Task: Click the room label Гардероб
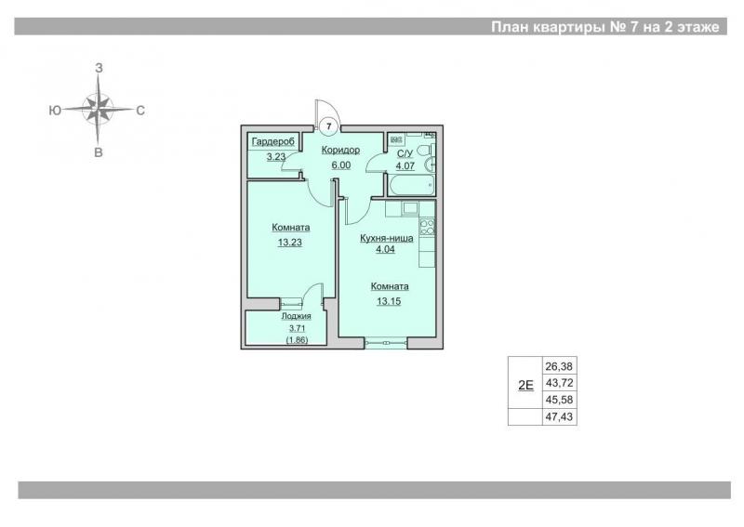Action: coord(272,142)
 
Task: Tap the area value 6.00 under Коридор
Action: coord(341,165)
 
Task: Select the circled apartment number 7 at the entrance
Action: coord(329,126)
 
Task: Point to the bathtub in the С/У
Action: coord(411,185)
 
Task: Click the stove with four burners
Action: coord(427,227)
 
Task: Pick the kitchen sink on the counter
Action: coord(409,208)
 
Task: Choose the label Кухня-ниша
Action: coord(386,238)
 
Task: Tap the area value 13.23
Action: coord(290,243)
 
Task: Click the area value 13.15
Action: coord(389,301)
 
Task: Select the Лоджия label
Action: coord(296,316)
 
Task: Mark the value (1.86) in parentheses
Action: coord(297,340)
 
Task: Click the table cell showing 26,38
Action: coord(559,366)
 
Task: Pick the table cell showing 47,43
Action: coord(559,417)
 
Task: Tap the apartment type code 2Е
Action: coord(525,385)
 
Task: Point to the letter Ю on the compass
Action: coord(55,111)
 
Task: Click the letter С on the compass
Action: coord(140,111)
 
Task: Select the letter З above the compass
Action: coord(99,68)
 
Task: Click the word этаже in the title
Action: coord(697,27)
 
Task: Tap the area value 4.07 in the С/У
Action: coord(405,166)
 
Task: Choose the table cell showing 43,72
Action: coord(559,383)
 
